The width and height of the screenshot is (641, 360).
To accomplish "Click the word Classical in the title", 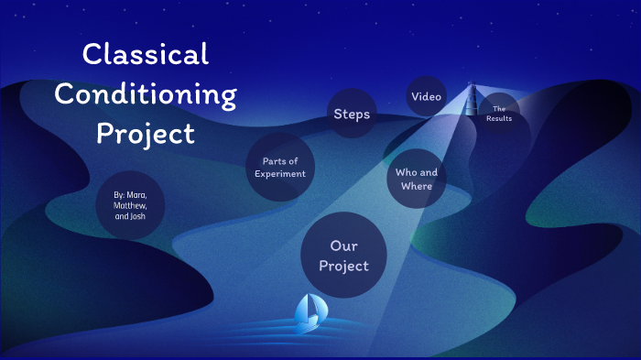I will click(x=146, y=54).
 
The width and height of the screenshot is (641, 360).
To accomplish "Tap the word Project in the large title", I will click(x=146, y=134).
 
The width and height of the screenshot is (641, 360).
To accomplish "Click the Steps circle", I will click(x=352, y=114).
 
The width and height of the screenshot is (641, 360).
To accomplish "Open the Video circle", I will click(x=427, y=96).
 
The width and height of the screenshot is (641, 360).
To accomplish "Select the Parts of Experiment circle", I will click(x=280, y=168).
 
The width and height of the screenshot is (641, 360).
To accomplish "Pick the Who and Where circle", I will click(x=416, y=180).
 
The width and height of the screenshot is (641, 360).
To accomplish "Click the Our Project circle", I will click(x=344, y=256).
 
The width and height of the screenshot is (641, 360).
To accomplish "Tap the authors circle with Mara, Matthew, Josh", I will click(x=129, y=205).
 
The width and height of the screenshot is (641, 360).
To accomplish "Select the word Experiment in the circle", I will click(x=280, y=174).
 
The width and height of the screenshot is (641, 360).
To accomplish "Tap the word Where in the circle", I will click(x=416, y=187).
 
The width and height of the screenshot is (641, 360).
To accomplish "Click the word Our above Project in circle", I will click(x=344, y=245).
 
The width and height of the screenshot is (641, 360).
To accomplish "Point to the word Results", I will click(x=500, y=119).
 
